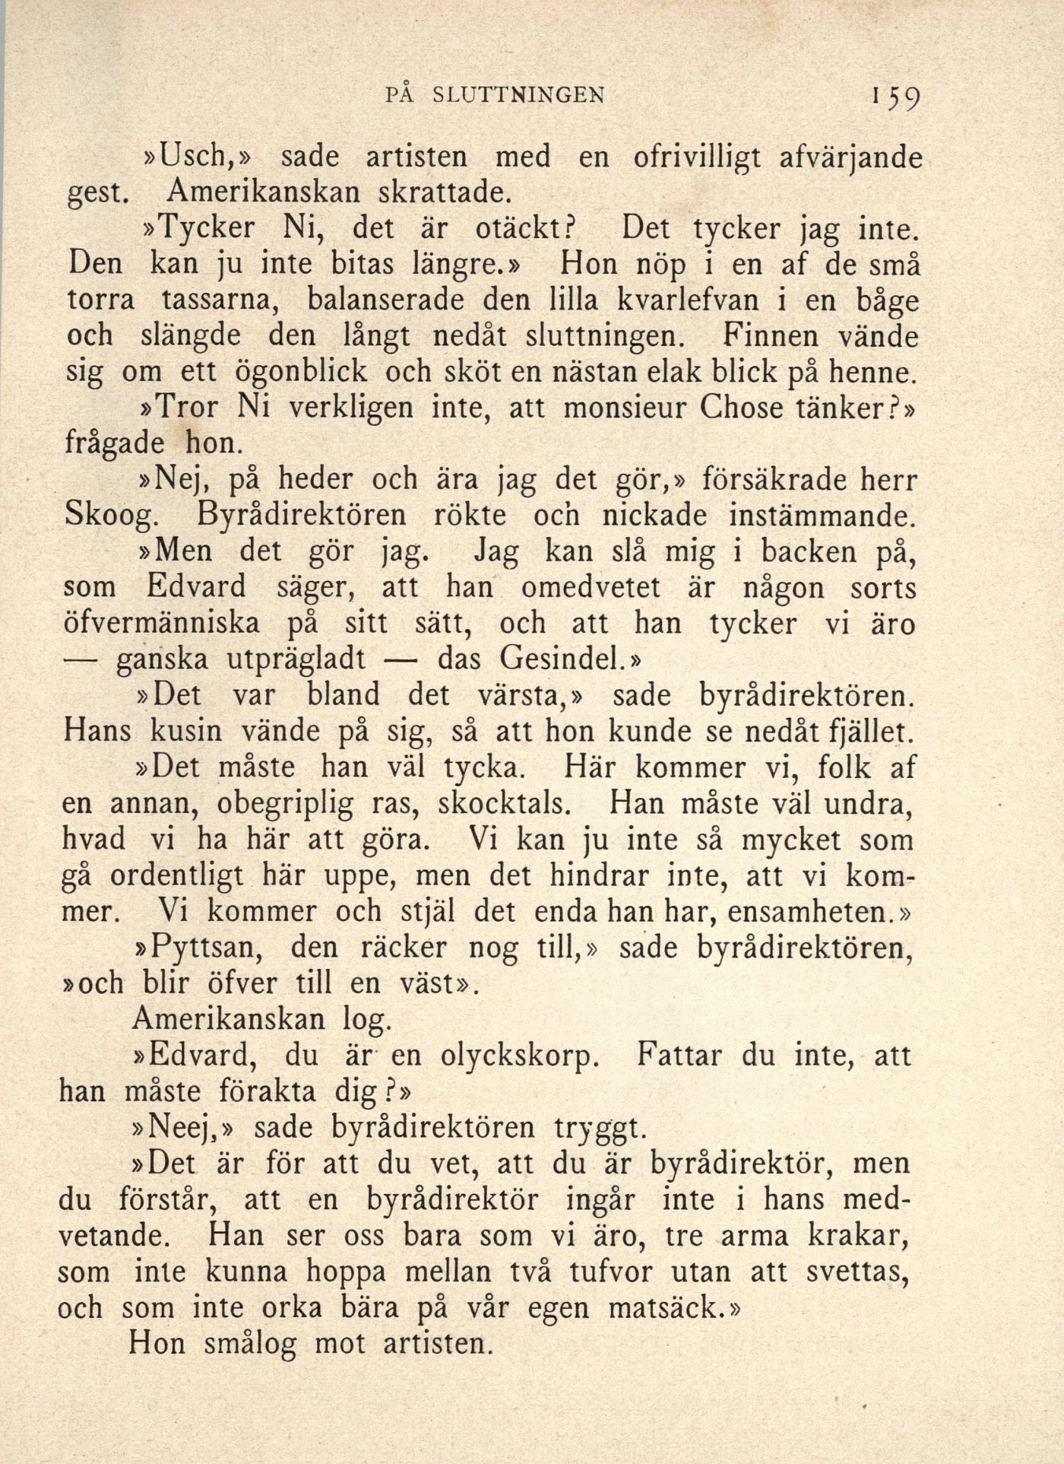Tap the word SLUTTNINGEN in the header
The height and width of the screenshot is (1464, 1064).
[x=527, y=94]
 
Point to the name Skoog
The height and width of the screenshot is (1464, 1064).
[x=111, y=516]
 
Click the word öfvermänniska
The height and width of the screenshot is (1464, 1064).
[x=162, y=624]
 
